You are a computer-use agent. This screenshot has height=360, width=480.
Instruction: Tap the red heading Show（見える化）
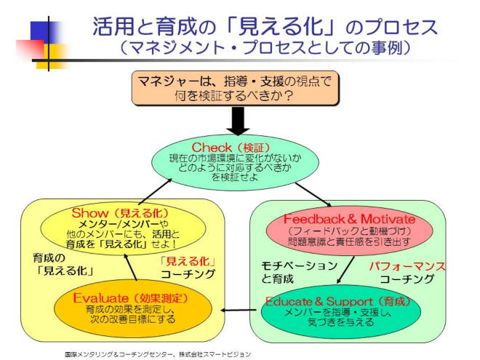[121, 214]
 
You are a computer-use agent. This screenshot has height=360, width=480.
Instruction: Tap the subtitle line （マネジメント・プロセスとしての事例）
[266, 49]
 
